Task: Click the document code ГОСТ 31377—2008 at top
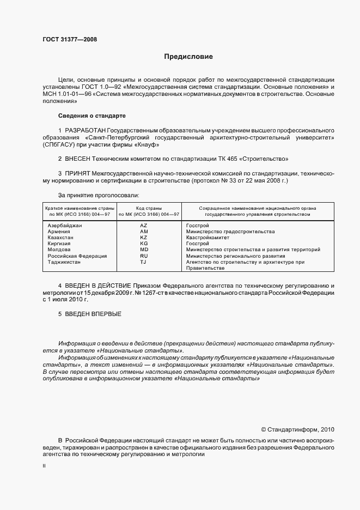coord(70,39)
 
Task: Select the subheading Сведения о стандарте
coord(91,116)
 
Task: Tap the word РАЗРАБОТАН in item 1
coord(85,131)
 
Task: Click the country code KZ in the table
coord(143,238)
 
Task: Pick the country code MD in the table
coord(144,250)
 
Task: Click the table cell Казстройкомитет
coord(208,238)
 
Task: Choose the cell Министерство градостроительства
coord(230,232)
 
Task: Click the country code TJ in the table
coord(143,262)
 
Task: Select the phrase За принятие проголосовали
coord(98,195)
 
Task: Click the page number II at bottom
coord(44,466)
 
